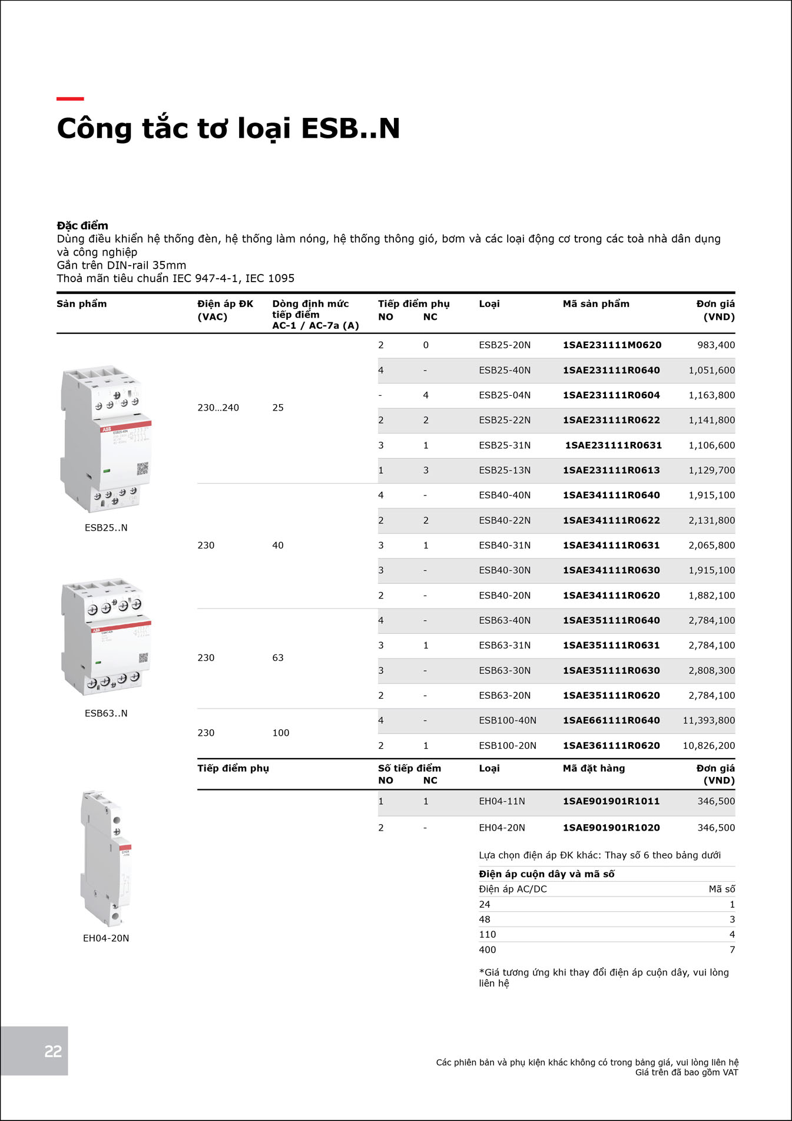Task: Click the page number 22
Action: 53,1051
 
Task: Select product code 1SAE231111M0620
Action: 612,345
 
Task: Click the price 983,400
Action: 716,345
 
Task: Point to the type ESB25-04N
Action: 505,395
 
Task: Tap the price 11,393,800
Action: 708,720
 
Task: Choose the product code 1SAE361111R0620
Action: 611,746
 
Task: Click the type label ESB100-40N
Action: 508,720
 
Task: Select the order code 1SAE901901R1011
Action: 611,801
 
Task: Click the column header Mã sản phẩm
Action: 596,304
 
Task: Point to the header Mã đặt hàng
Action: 594,768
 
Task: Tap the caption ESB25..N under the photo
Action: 106,528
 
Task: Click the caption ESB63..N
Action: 106,713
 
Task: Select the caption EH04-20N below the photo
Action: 106,938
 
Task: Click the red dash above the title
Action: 70,99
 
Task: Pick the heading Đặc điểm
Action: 82,226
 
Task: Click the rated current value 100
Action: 281,733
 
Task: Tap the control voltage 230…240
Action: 218,408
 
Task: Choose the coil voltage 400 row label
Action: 488,950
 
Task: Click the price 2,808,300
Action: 711,670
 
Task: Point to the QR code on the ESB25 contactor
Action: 143,469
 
